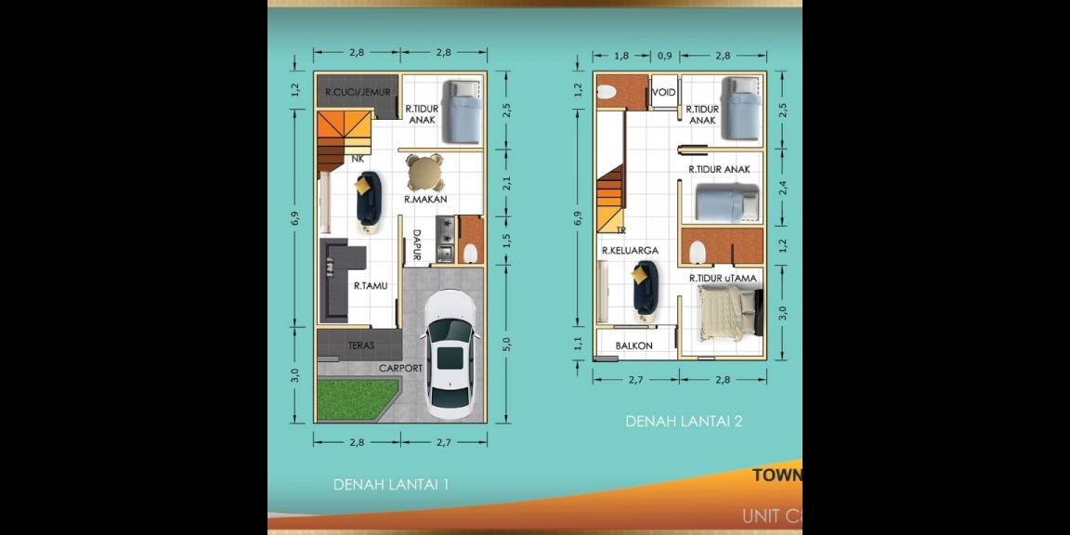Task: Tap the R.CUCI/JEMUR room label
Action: point(358,92)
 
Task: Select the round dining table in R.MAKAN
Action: point(424,172)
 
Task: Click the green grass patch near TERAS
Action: point(350,398)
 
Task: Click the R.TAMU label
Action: point(370,286)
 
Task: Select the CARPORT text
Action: point(400,368)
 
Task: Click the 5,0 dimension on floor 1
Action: point(506,345)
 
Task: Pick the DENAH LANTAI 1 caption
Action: point(391,484)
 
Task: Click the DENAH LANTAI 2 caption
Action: point(684,421)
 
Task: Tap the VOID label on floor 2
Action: point(663,93)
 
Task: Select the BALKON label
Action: point(633,346)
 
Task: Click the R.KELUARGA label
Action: point(630,251)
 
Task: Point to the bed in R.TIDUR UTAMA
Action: point(727,312)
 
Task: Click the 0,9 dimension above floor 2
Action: point(664,56)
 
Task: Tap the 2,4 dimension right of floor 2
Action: point(783,187)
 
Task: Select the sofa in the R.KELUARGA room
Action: point(644,286)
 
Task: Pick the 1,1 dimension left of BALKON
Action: point(579,344)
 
